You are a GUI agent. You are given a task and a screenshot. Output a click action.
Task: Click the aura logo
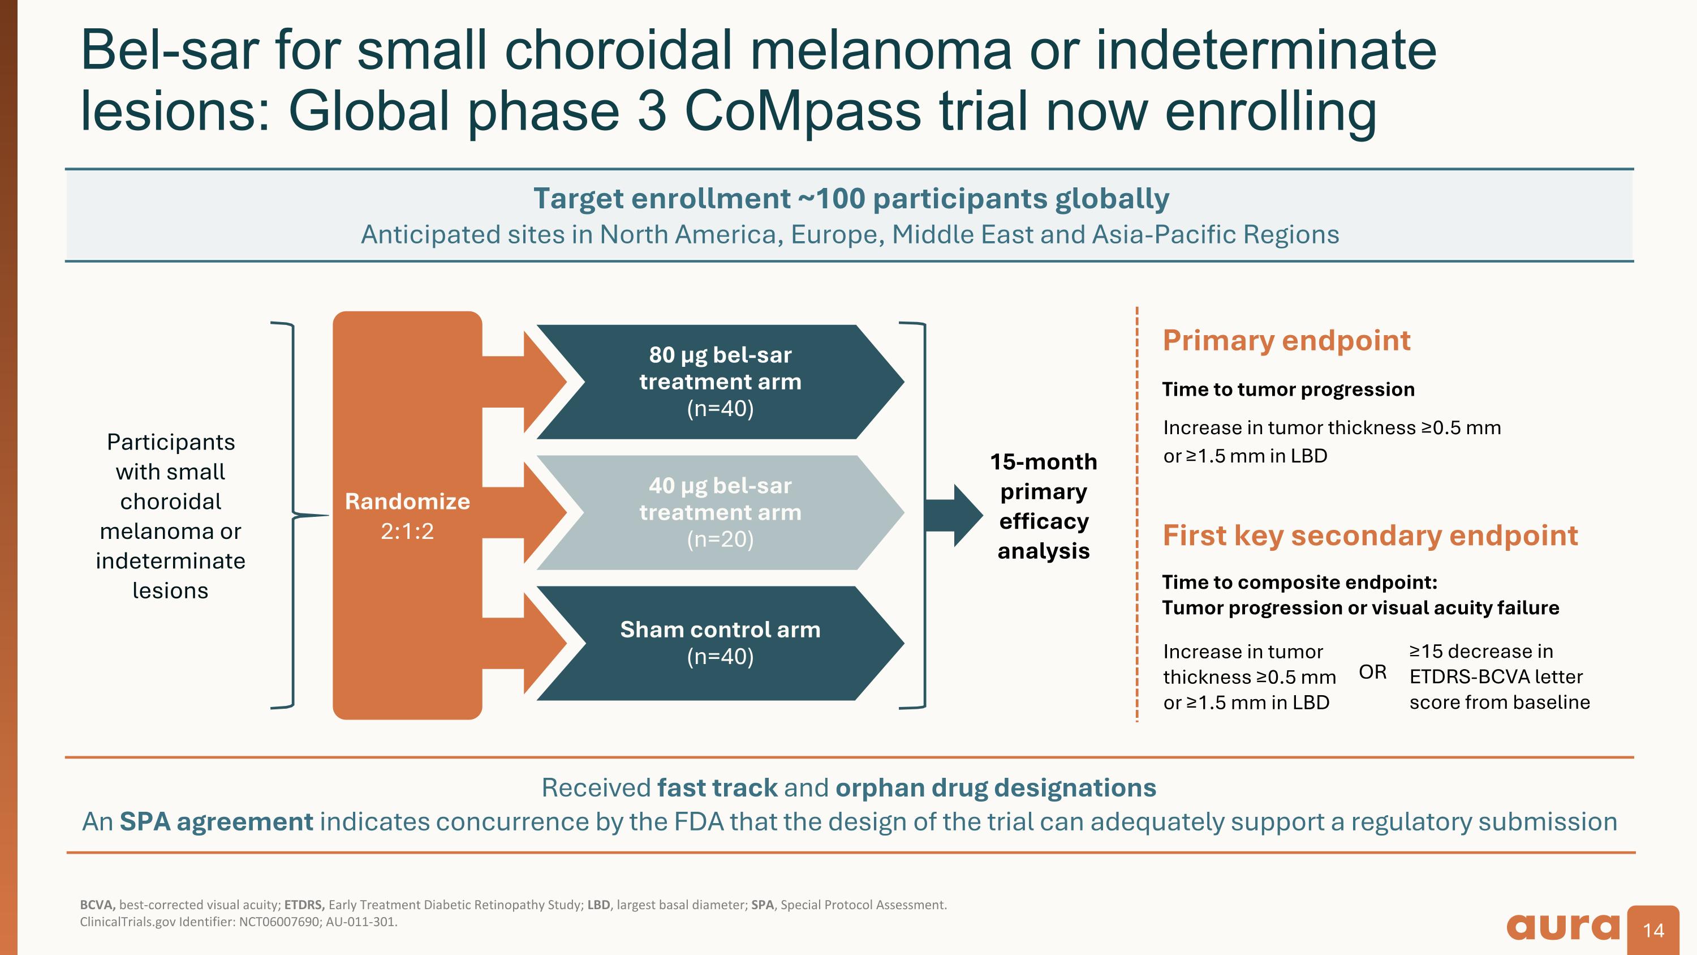(1562, 927)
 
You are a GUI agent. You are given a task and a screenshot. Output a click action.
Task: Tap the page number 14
(1653, 931)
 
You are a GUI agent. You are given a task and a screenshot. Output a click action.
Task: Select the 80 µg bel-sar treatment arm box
(720, 382)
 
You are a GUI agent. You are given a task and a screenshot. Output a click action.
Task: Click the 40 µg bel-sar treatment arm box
(720, 512)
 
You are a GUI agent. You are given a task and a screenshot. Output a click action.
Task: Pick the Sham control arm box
(720, 643)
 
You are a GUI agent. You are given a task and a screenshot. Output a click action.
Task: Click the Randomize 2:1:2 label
(407, 516)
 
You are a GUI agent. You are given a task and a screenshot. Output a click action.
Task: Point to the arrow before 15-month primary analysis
(954, 515)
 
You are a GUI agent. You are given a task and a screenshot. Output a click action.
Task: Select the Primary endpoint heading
(1286, 340)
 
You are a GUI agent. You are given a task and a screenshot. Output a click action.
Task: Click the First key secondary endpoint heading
(1370, 535)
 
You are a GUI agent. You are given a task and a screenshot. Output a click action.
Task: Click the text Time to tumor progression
(1289, 389)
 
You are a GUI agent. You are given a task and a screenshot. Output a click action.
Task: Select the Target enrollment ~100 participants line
(851, 198)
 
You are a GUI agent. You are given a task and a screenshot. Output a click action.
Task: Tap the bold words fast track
(717, 787)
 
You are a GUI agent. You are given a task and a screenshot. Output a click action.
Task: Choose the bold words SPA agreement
(216, 822)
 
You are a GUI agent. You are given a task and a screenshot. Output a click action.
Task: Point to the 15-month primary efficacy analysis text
(1044, 506)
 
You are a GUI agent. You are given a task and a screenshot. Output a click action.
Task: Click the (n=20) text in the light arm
(720, 539)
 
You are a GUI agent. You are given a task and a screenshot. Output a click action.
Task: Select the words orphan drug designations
(996, 787)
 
